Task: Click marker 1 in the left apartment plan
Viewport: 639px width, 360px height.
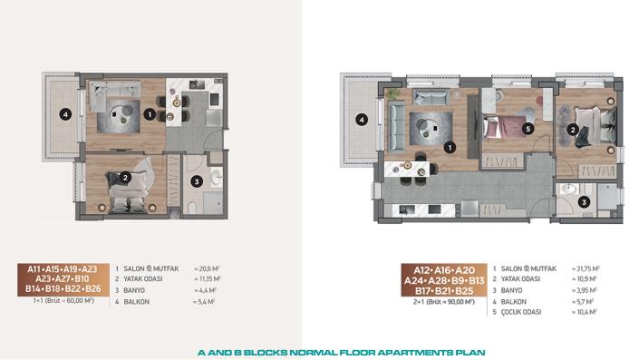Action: click(149, 115)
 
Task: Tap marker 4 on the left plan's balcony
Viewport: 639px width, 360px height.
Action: click(63, 114)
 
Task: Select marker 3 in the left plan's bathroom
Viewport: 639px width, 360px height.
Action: click(197, 181)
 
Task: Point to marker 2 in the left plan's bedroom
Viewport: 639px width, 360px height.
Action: click(125, 179)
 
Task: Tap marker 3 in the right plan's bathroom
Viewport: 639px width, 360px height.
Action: click(584, 202)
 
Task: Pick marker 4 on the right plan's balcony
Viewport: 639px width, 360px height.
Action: click(361, 119)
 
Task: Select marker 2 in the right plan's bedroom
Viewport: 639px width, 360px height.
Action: click(573, 130)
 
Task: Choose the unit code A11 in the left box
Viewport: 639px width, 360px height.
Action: click(36, 269)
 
